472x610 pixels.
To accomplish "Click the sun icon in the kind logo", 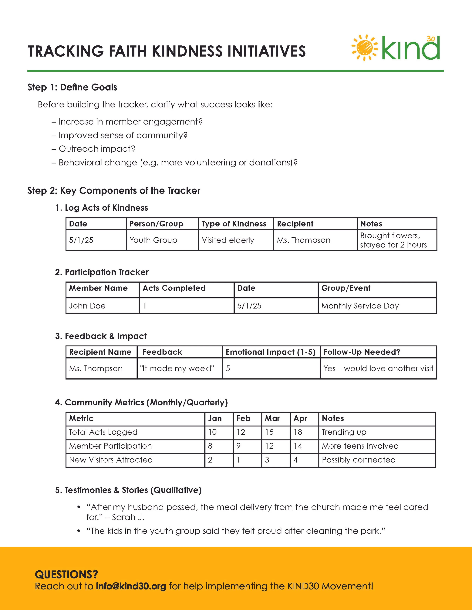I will coord(364,48).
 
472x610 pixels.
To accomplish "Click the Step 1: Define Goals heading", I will coord(72,87).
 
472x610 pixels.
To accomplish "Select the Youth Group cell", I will coord(153,240).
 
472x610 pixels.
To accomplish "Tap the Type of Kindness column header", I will coord(234,224).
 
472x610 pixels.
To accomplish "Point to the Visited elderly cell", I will coord(228,240).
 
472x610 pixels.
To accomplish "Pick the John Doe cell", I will coord(87,306).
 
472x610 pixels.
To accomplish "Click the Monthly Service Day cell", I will coord(360,306).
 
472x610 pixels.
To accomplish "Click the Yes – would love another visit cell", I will coord(378,369).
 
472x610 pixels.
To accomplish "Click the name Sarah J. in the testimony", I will coord(128,517).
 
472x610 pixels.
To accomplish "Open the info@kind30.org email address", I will coord(131,586).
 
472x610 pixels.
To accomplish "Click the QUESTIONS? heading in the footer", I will coord(66,575).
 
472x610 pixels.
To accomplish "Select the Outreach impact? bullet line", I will coord(97,149).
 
